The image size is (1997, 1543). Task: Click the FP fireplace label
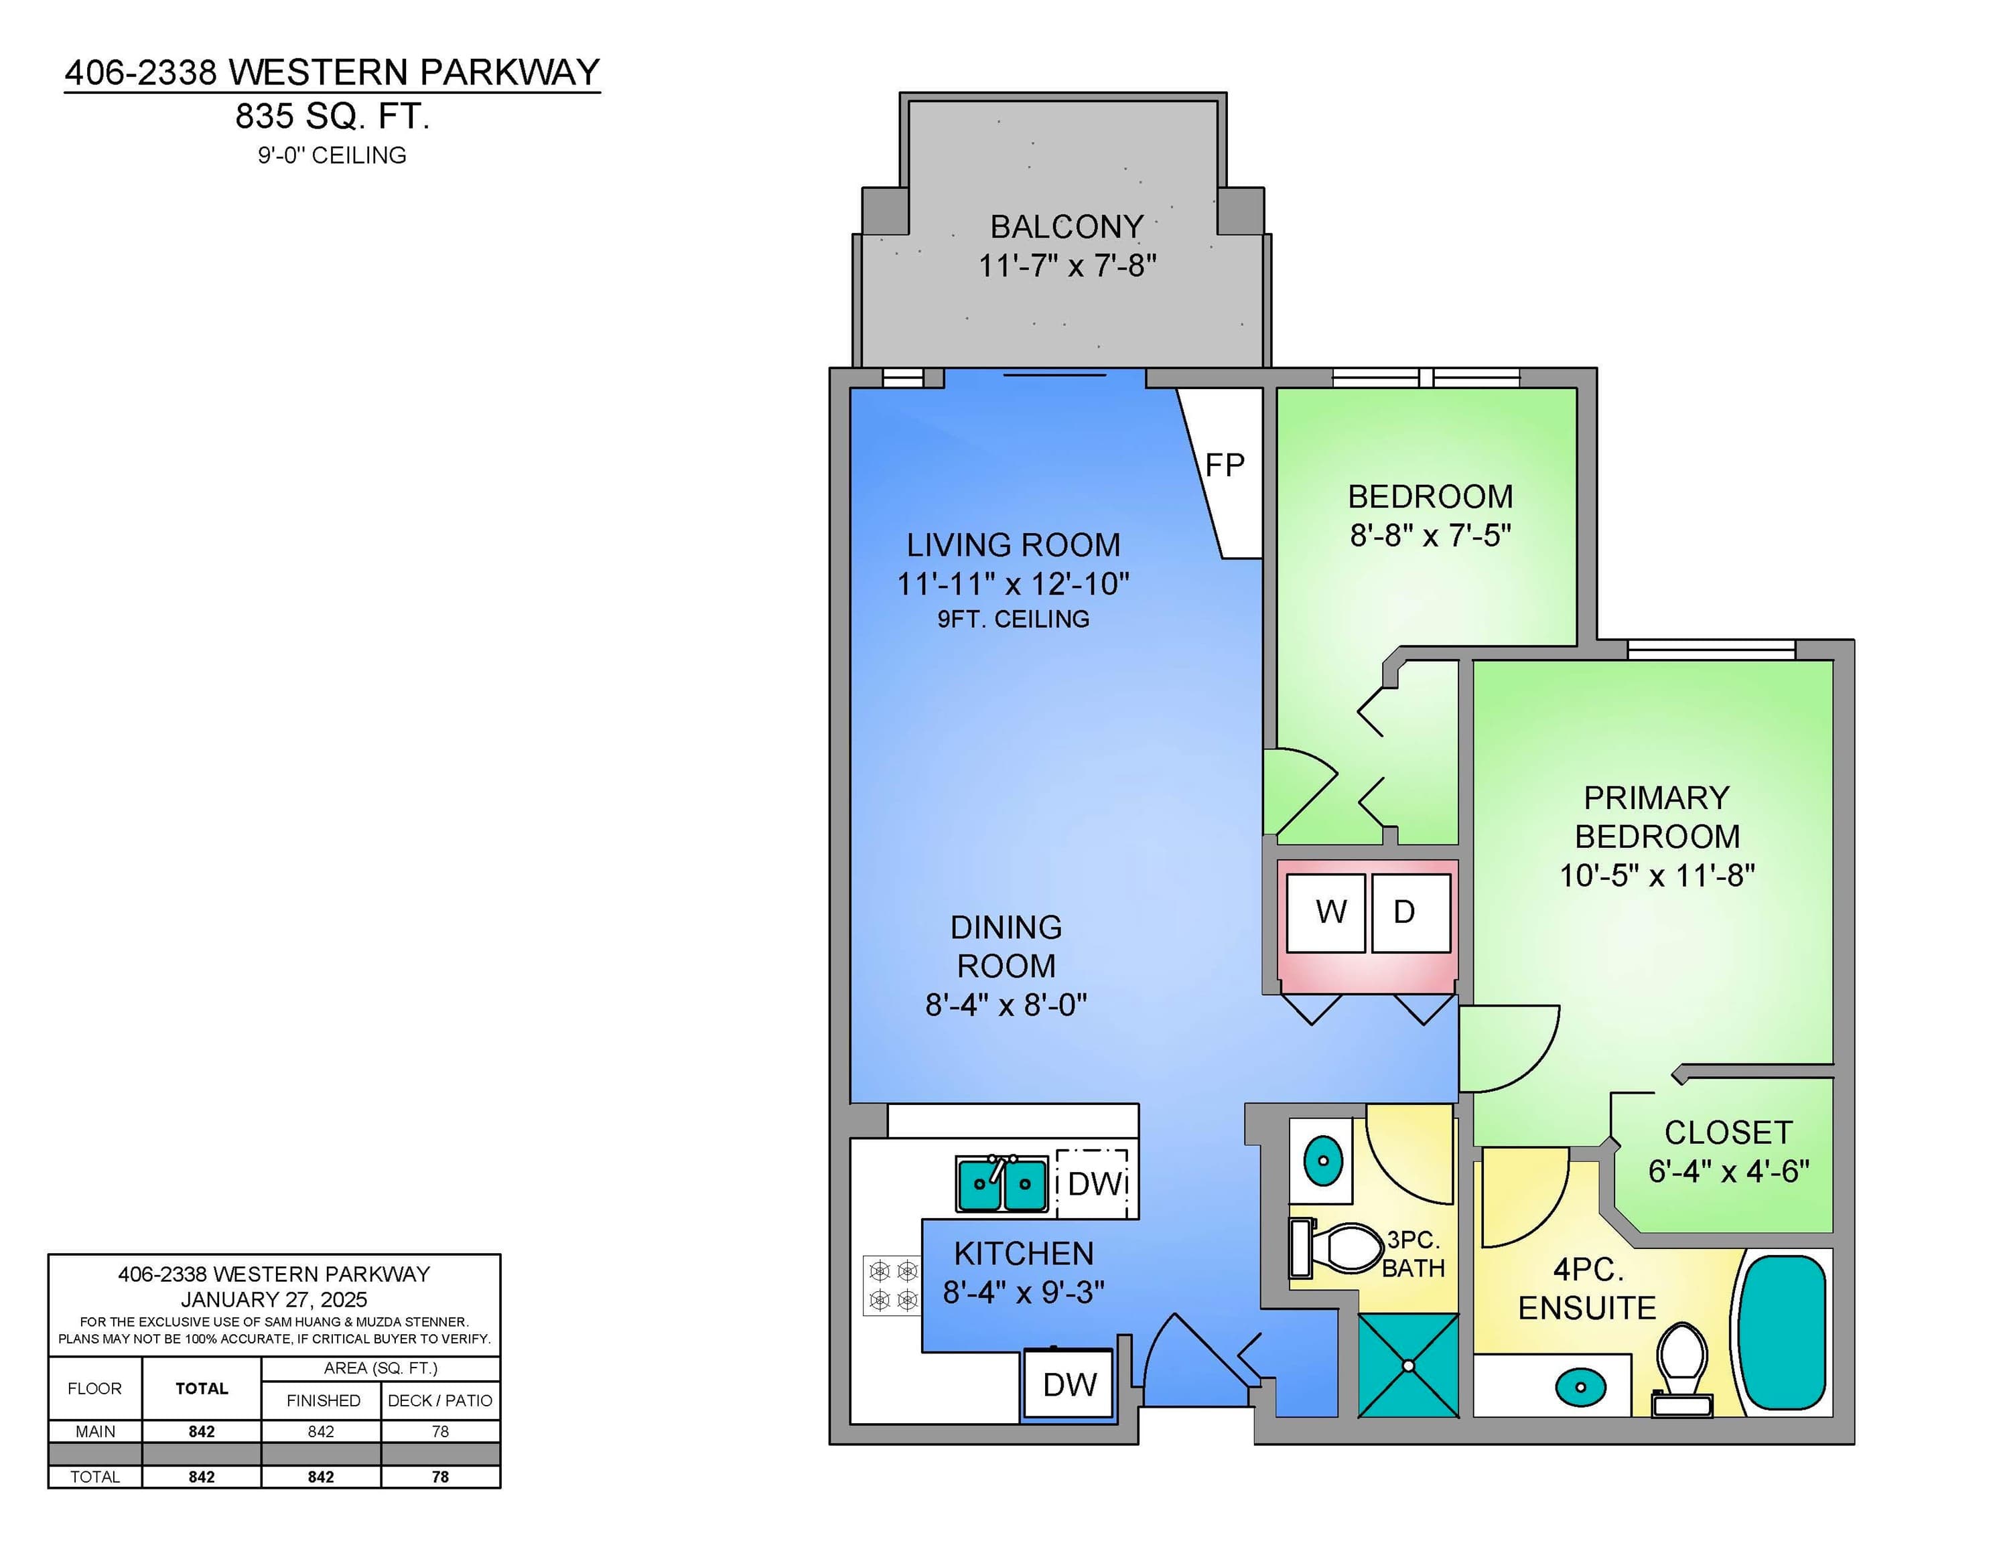point(1225,465)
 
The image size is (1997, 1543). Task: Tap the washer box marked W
point(1326,912)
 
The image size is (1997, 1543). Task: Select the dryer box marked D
point(1411,912)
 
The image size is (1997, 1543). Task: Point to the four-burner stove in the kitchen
point(892,1285)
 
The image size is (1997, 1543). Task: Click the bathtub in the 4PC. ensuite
point(1782,1332)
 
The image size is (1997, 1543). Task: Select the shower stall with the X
point(1408,1366)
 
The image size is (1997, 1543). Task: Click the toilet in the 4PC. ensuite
point(1682,1368)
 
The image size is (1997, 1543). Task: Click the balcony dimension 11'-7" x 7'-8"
point(1067,265)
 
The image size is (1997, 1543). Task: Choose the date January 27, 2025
point(273,1299)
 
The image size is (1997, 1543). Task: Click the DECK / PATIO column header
point(440,1400)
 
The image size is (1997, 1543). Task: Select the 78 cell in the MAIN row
point(440,1430)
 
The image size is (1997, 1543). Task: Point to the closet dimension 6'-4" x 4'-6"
point(1728,1171)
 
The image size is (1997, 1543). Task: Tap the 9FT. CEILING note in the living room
point(1013,619)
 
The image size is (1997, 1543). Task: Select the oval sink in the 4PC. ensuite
point(1580,1387)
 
